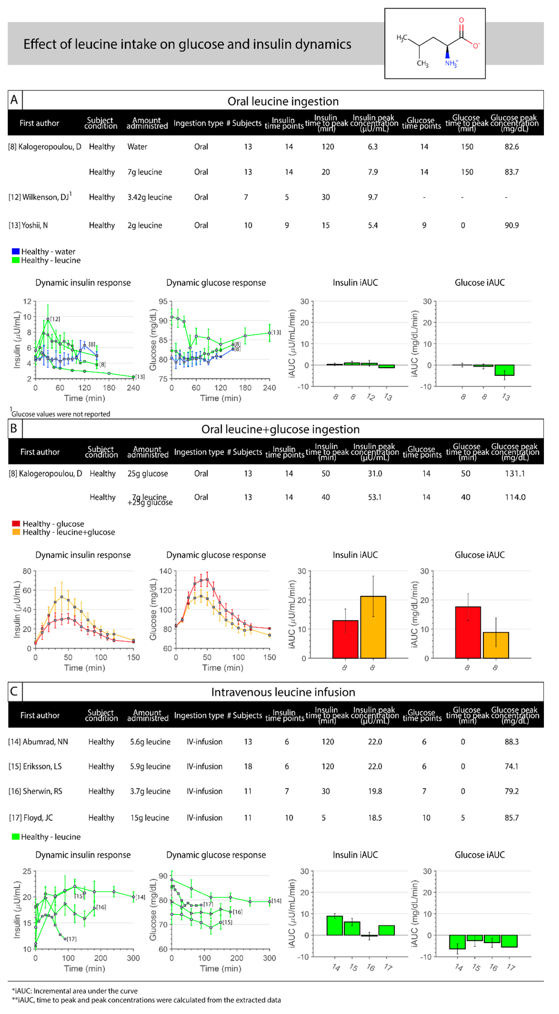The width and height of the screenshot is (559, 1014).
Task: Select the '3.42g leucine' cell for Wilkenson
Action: point(150,197)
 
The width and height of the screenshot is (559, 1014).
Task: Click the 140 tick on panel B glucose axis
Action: point(165,571)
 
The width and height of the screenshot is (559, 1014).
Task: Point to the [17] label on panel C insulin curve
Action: point(71,939)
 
